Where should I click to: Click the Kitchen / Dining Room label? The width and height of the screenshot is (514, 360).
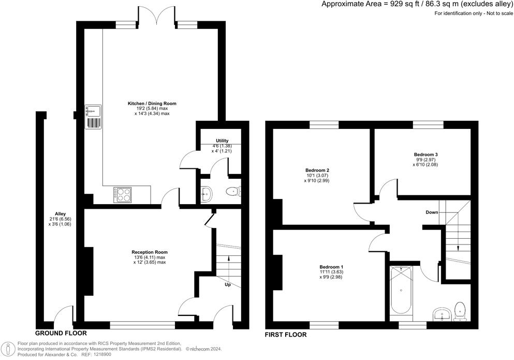(152, 104)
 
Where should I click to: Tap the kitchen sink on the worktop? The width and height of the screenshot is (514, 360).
(93, 117)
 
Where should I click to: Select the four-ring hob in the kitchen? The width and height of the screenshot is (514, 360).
(123, 194)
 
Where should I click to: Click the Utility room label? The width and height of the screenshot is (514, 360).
(222, 140)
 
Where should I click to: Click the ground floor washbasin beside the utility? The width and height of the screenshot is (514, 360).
(207, 194)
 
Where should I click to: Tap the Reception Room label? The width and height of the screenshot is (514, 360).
(150, 252)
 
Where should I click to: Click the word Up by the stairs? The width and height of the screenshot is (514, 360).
(228, 284)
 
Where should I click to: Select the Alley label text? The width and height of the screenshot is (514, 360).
(61, 214)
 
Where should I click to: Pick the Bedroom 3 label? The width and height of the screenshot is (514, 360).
(426, 154)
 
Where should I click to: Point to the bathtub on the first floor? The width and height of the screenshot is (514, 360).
(401, 291)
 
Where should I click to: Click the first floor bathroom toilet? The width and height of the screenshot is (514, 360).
(460, 311)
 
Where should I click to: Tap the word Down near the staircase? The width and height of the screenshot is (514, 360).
(432, 212)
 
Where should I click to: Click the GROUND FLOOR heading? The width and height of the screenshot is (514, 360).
(61, 334)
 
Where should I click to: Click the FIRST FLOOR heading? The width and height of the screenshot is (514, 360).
(286, 335)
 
